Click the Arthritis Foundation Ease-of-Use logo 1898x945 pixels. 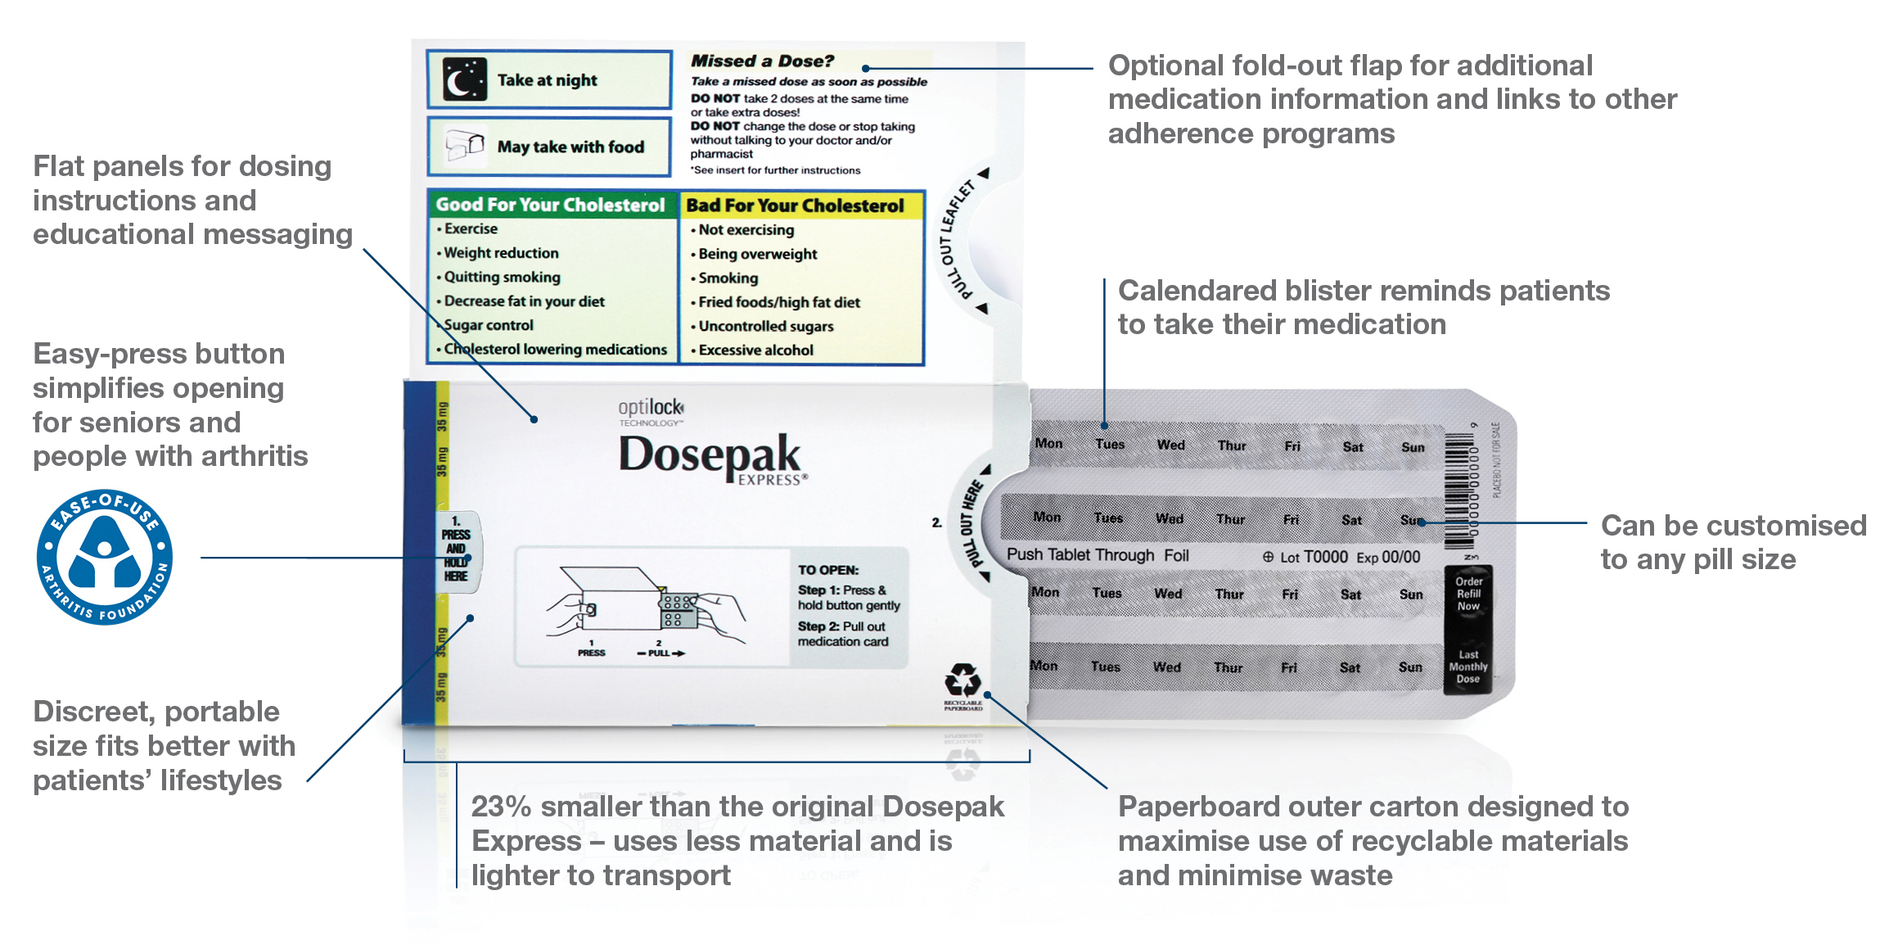(104, 557)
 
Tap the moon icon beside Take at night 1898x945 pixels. (464, 79)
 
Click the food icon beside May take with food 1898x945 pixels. (464, 147)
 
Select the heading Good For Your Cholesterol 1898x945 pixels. (550, 205)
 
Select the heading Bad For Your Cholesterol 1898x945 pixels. (795, 206)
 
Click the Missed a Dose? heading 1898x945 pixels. (762, 61)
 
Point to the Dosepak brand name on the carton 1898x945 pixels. (709, 455)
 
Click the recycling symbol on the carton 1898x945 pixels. (963, 681)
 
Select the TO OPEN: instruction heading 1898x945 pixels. (828, 570)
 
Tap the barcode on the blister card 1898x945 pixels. (1459, 489)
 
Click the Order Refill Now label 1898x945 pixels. (1468, 594)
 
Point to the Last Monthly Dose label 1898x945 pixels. (1468, 667)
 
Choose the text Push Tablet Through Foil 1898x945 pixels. (1097, 555)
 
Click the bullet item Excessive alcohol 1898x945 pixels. (755, 350)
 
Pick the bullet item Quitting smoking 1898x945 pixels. (502, 278)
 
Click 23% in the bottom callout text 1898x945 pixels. (501, 807)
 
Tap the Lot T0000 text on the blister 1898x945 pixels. (1313, 557)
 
